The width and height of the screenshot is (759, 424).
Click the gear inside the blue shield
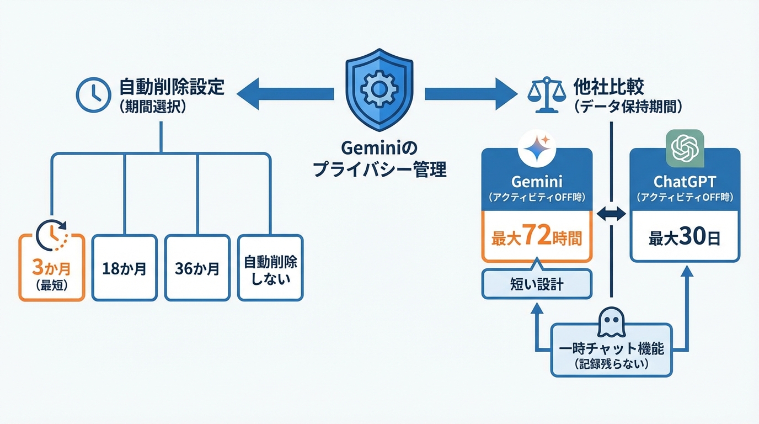[x=379, y=89]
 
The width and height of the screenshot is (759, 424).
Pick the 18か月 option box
[x=125, y=268]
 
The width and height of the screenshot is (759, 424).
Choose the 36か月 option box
[x=197, y=268]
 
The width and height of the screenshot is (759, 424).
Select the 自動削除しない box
[x=270, y=268]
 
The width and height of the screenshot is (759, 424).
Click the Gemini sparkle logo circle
[x=537, y=147]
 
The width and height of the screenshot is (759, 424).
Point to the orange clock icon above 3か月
[x=51, y=235]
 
